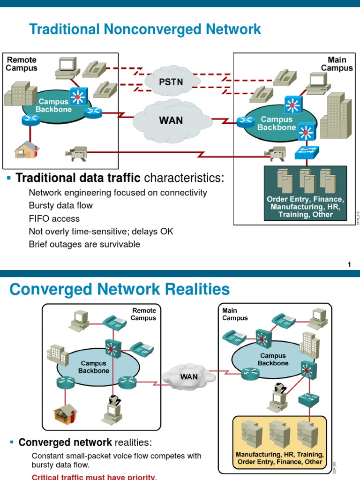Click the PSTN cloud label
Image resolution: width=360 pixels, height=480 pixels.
[171, 82]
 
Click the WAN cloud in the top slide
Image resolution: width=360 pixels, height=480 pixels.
[171, 120]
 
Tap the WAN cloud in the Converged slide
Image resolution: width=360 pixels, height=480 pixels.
[189, 376]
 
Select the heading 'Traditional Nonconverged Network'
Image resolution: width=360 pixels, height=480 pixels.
[145, 30]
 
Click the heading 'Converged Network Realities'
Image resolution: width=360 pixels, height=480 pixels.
[120, 289]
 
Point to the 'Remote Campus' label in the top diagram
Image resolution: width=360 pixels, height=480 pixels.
[21, 64]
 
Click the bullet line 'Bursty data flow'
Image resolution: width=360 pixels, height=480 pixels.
[61, 205]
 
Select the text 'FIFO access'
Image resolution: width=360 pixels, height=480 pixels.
[54, 218]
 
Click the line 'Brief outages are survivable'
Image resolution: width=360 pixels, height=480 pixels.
[84, 244]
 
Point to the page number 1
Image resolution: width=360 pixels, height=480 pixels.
[349, 265]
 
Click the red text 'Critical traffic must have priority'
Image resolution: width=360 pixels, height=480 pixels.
[93, 477]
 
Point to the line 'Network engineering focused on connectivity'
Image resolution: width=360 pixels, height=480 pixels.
[118, 193]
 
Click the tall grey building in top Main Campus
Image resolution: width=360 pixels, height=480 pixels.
[335, 117]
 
